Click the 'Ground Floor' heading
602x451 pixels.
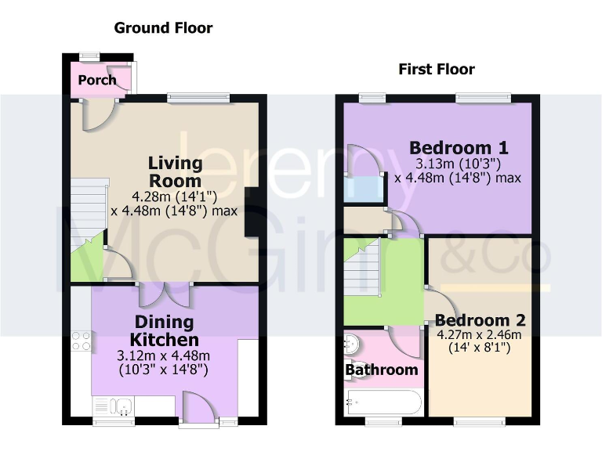click(x=163, y=28)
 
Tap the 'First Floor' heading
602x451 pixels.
click(x=436, y=69)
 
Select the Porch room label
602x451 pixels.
click(x=97, y=80)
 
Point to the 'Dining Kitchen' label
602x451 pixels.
click(x=165, y=331)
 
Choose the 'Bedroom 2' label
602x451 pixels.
click(x=480, y=320)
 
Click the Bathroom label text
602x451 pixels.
click(x=382, y=370)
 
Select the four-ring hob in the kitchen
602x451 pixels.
click(x=82, y=341)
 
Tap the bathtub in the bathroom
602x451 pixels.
click(x=383, y=402)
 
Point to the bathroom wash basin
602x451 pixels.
click(x=352, y=345)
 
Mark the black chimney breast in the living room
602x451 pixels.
click(x=251, y=211)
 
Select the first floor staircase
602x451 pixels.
click(x=363, y=266)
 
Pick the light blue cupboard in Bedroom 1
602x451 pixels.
click(x=363, y=190)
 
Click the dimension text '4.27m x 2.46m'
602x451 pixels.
click(x=478, y=334)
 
